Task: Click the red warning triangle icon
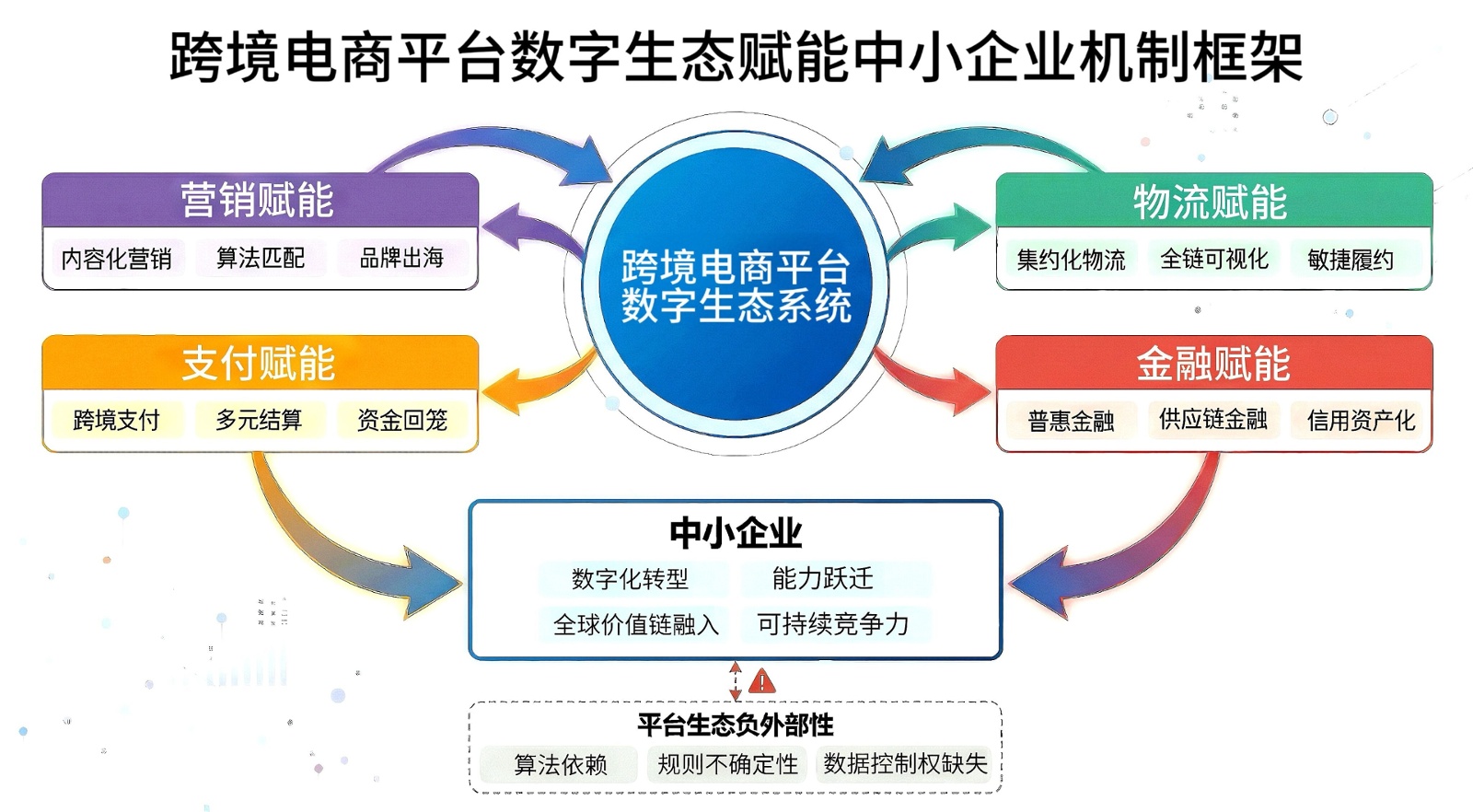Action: [762, 683]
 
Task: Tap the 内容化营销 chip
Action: [116, 259]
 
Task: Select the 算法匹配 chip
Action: [261, 258]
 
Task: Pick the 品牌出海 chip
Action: [402, 258]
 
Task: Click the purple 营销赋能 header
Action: [259, 201]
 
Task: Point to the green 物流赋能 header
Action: [1212, 203]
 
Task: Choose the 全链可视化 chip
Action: [1214, 260]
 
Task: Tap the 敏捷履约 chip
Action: [1351, 260]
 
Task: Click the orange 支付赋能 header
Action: [259, 364]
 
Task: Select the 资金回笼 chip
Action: [402, 421]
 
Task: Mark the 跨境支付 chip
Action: [116, 421]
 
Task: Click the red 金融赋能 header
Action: [1213, 364]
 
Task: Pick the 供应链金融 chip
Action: [1213, 420]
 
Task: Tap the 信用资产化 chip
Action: [1361, 421]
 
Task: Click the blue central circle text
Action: [736, 286]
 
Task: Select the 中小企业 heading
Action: [736, 533]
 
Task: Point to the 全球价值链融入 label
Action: [635, 625]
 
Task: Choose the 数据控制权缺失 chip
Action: [905, 764]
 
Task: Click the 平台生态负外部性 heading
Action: [736, 725]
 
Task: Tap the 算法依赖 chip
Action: [560, 765]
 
